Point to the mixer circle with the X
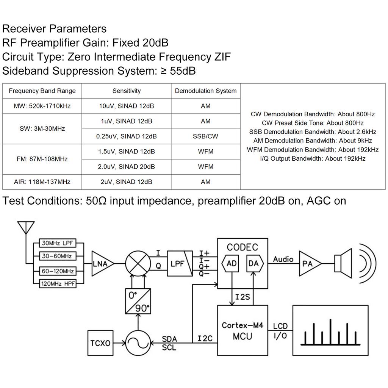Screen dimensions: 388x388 138,263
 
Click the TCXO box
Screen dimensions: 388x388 100,343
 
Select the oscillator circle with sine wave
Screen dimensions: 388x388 138,343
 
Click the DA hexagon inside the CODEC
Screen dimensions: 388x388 253,264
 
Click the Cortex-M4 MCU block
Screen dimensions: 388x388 242,330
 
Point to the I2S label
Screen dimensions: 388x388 242,297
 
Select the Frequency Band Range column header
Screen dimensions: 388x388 42,91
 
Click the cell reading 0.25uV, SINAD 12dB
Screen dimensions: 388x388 126,136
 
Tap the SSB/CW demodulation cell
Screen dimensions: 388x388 205,136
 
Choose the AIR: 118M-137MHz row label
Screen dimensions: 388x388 42,182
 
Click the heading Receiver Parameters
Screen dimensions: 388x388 54,29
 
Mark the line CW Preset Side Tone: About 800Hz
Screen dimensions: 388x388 313,123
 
